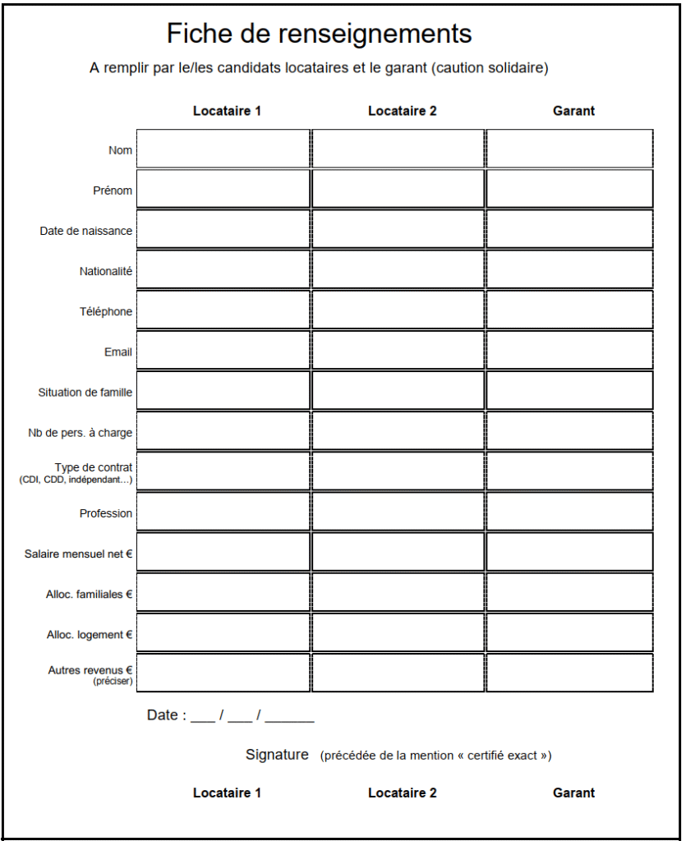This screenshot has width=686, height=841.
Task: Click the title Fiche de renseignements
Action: click(319, 34)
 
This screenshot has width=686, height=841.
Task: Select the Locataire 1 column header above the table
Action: click(227, 111)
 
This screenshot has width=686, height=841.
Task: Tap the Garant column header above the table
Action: click(573, 111)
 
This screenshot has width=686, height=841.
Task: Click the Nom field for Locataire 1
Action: click(223, 149)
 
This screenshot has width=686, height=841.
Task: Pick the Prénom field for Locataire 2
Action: click(398, 189)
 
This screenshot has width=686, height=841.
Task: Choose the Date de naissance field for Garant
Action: click(570, 229)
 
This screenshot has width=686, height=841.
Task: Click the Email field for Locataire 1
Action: click(223, 350)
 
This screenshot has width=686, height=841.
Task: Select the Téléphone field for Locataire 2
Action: click(398, 310)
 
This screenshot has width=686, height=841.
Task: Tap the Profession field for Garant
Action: click(570, 512)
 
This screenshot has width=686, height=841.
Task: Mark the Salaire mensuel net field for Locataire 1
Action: click(223, 552)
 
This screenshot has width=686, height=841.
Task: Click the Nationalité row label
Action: click(106, 271)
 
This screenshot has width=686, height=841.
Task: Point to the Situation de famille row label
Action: click(85, 393)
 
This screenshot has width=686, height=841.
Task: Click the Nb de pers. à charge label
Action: click(80, 433)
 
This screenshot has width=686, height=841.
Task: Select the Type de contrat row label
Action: click(93, 467)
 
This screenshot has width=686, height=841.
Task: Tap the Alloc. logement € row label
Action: click(90, 635)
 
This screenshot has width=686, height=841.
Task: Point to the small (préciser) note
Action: click(113, 682)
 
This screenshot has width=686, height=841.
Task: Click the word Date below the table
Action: click(162, 715)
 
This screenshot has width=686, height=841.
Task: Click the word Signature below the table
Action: click(277, 755)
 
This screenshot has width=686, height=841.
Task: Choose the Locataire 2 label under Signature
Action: click(403, 793)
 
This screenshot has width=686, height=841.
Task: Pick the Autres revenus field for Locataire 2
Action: click(398, 673)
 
